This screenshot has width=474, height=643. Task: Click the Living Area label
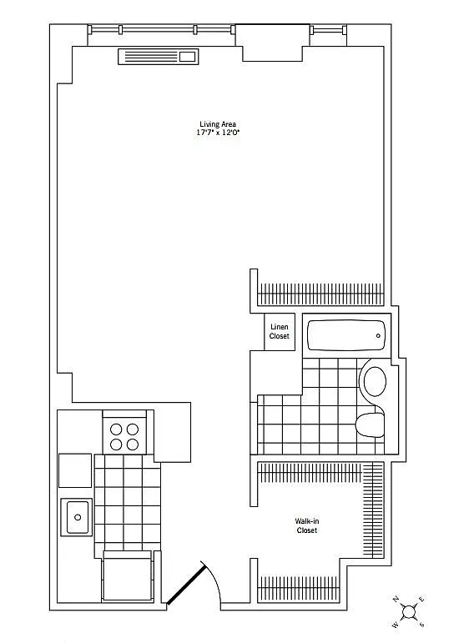218,123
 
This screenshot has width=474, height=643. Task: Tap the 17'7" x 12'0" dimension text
218,133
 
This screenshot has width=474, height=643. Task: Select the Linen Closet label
279,331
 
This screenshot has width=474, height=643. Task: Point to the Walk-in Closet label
307,525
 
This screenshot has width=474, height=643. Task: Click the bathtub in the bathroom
346,335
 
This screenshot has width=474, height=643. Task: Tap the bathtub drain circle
378,336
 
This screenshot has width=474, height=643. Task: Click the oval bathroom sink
375,381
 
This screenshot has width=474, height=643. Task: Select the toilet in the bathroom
371,424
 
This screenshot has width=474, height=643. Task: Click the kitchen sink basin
77,517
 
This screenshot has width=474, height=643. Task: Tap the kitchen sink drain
78,518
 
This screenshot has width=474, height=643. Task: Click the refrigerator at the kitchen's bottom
127,576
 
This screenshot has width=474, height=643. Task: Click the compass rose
408,612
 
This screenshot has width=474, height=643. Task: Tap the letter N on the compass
396,599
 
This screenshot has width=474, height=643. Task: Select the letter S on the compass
421,625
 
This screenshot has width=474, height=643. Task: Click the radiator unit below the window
159,57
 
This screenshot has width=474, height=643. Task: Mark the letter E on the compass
421,600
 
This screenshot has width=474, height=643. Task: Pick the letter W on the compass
396,625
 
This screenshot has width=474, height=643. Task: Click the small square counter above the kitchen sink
75,470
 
